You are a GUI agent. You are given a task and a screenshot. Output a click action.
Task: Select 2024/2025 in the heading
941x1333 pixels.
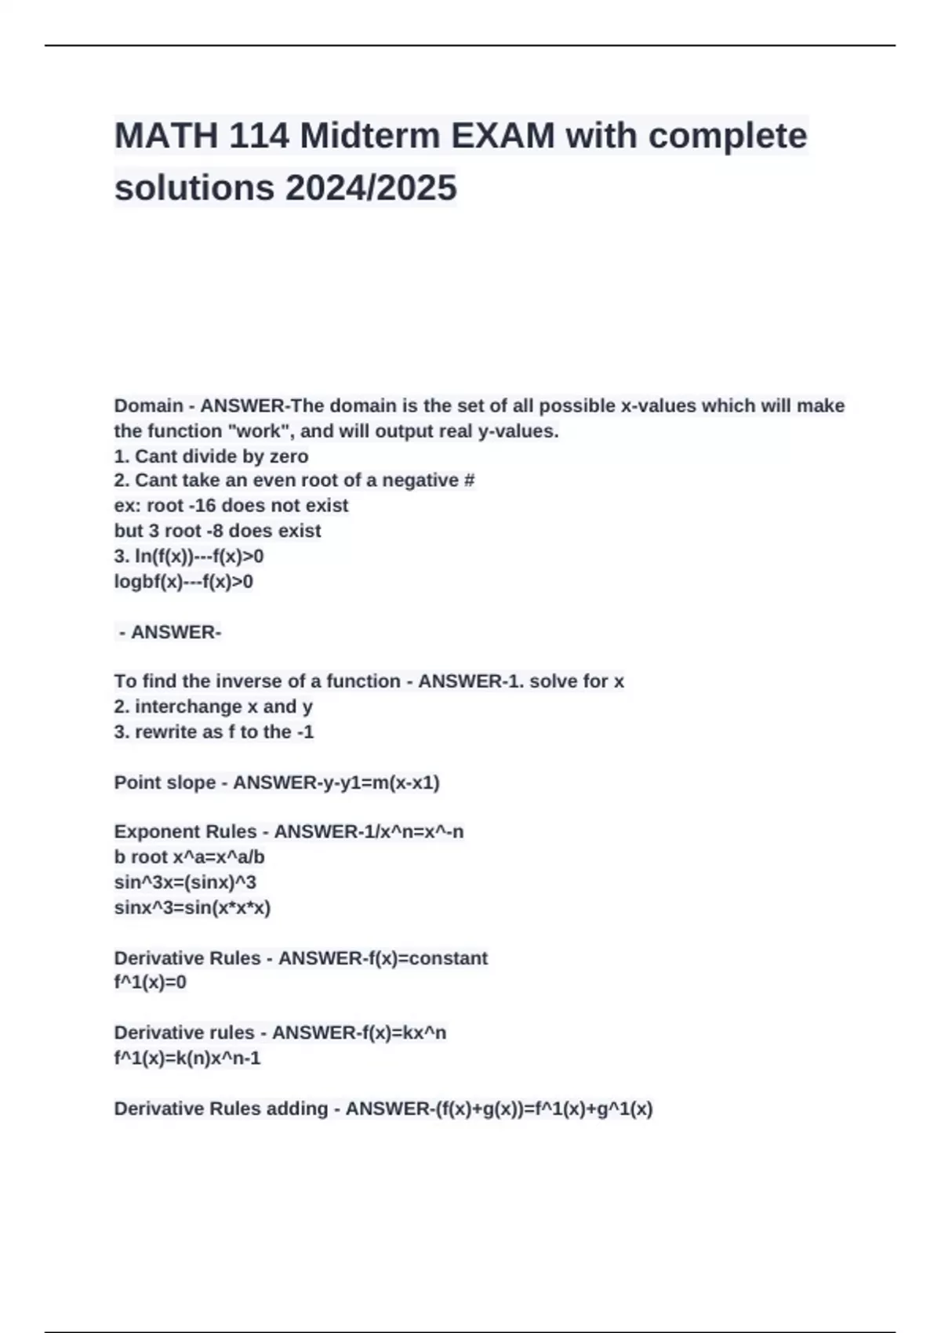coord(371,188)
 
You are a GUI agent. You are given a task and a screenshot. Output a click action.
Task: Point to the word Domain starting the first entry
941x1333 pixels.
coord(148,405)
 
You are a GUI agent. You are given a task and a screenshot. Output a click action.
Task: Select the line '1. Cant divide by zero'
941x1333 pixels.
coord(211,456)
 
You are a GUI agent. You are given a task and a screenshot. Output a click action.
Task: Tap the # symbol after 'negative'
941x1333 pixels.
coord(469,480)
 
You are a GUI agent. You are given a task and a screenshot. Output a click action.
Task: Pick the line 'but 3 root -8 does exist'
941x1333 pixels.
coord(217,531)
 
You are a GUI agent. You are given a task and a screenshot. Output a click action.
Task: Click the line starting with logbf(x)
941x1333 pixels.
coord(183,581)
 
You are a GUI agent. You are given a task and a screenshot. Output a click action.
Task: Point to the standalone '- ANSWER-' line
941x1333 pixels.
coord(169,632)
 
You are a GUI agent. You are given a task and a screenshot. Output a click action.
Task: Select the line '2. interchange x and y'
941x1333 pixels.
coord(213,706)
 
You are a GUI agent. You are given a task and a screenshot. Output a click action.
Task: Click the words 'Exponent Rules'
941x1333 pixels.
coord(185,831)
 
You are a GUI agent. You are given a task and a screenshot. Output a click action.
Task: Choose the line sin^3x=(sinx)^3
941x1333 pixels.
coord(185,882)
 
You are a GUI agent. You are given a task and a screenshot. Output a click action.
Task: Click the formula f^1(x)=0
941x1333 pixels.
coord(151,982)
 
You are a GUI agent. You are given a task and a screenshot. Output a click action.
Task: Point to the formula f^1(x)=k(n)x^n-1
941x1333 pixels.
coord(187,1058)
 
